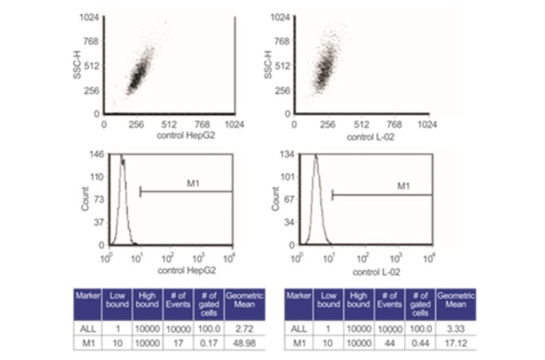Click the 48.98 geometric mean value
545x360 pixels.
(240, 342)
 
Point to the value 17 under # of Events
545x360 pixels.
(177, 342)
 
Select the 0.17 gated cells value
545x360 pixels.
(208, 342)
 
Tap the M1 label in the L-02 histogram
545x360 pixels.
(403, 185)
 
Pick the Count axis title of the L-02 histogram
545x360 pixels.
(276, 200)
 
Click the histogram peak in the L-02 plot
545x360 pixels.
(315, 158)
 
